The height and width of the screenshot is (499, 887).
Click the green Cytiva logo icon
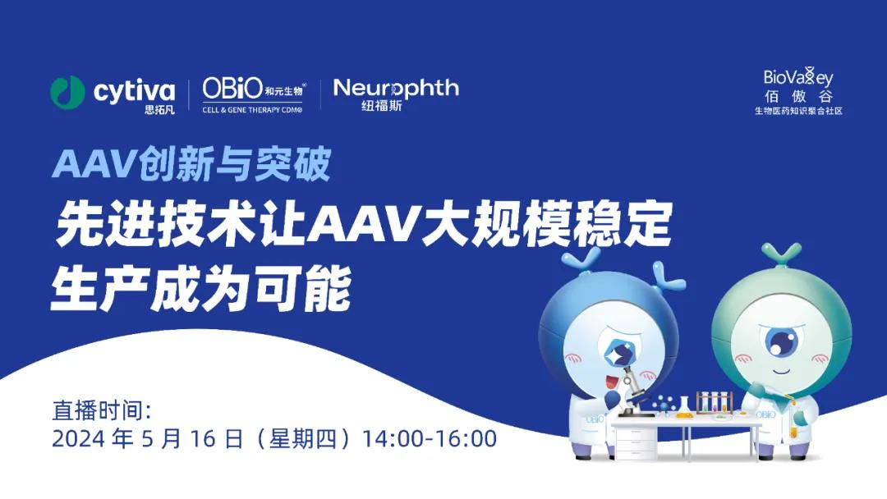click(67, 92)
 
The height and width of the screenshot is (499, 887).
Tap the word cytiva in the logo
click(134, 90)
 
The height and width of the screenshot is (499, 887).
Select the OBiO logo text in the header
click(232, 88)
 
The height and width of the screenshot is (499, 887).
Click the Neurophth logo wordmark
click(396, 88)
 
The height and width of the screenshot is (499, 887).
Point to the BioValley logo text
click(798, 77)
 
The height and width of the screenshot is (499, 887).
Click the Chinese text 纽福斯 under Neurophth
click(382, 106)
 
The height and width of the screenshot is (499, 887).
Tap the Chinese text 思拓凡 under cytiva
click(159, 110)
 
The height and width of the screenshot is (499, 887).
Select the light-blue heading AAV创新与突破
click(191, 164)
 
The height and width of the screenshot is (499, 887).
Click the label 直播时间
click(101, 411)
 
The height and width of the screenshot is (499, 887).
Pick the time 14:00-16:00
click(430, 439)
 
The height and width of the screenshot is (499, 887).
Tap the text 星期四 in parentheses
click(302, 439)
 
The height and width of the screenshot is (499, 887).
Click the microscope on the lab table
click(633, 391)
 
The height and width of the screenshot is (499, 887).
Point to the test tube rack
click(715, 403)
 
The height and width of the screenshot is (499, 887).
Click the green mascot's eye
click(782, 341)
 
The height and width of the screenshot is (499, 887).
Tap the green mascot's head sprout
click(781, 254)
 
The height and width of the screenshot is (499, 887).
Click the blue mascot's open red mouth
click(609, 382)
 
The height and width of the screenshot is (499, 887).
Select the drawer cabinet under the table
click(636, 441)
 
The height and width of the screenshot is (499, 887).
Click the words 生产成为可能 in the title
click(201, 290)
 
